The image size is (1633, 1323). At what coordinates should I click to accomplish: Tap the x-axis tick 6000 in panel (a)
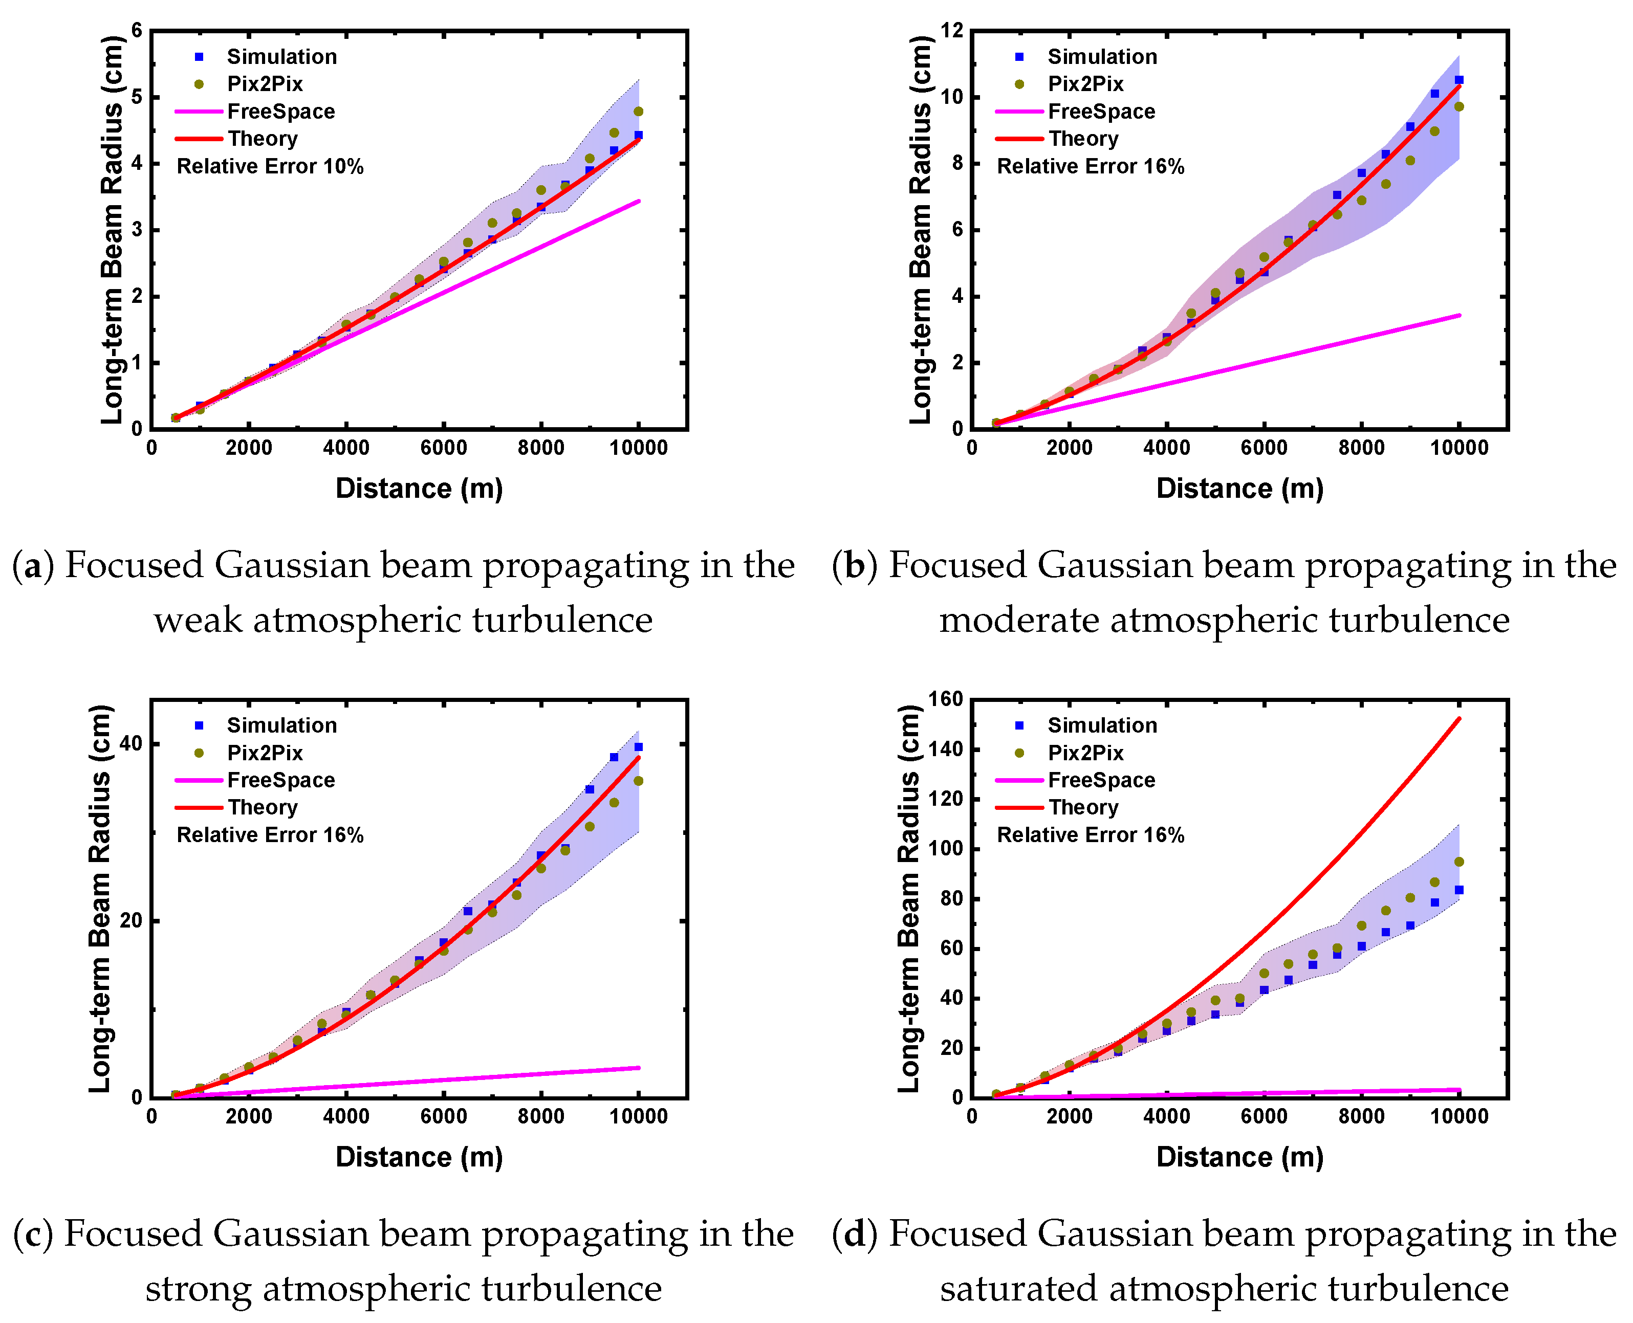(x=443, y=448)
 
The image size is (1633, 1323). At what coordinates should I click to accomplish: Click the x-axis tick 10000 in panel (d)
(x=1458, y=1116)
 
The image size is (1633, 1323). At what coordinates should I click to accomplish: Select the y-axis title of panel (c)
(x=101, y=899)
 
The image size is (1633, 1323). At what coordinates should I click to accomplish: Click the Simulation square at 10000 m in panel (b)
(x=1458, y=80)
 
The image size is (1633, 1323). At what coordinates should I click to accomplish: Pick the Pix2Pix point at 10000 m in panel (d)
(x=1458, y=862)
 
